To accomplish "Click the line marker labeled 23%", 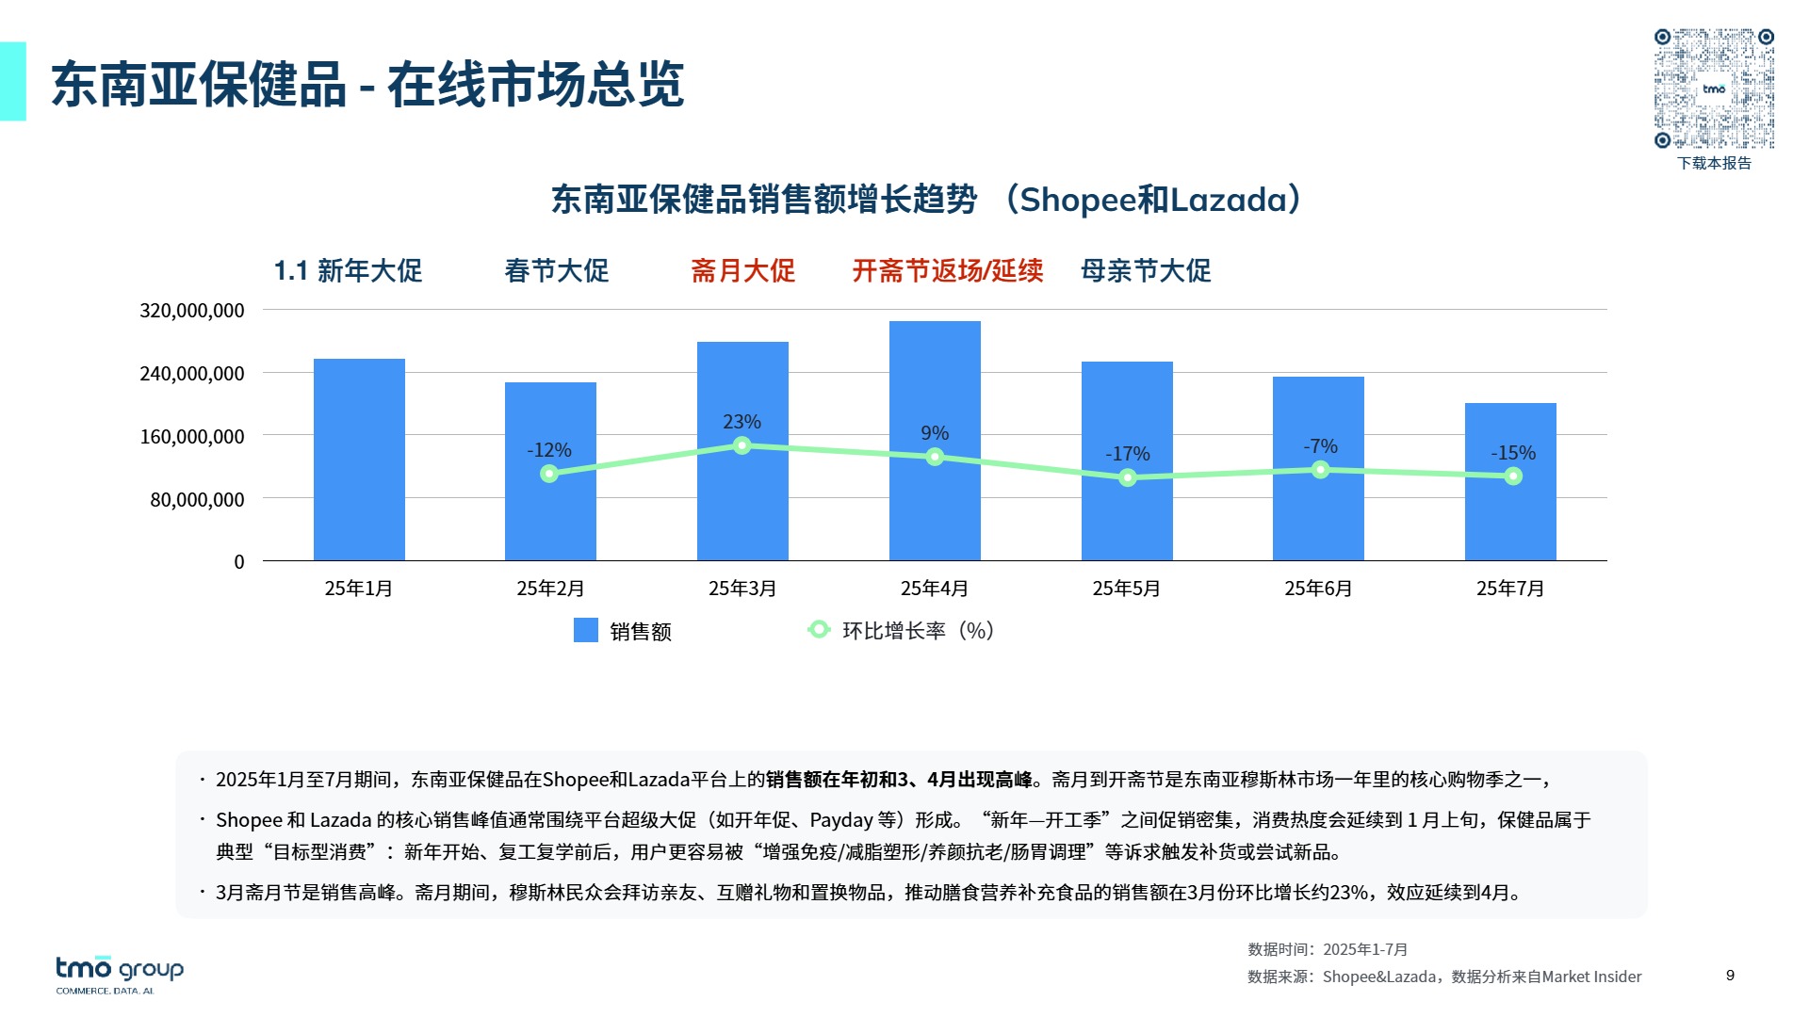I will pyautogui.click(x=742, y=445).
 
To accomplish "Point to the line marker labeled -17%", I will pyautogui.click(x=1128, y=478).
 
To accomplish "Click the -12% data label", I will pyautogui.click(x=549, y=450).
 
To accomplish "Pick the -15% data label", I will pyautogui.click(x=1513, y=453).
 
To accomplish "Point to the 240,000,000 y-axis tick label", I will pyautogui.click(x=192, y=374).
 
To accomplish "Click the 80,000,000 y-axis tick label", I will pyautogui.click(x=198, y=500).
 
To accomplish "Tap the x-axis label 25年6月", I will pyautogui.click(x=1318, y=589).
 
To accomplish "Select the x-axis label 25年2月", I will pyautogui.click(x=550, y=589).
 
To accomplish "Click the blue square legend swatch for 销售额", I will pyautogui.click(x=586, y=631).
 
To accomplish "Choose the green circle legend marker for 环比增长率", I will pyautogui.click(x=819, y=630).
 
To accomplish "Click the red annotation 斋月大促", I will pyautogui.click(x=743, y=271).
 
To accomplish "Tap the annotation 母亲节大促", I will pyautogui.click(x=1146, y=271).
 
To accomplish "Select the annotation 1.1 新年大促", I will pyautogui.click(x=348, y=271).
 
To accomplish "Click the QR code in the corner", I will pyautogui.click(x=1714, y=89).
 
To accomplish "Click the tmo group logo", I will pyautogui.click(x=120, y=973).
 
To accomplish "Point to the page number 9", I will pyautogui.click(x=1730, y=976).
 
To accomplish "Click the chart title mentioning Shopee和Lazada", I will pyautogui.click(x=926, y=200).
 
